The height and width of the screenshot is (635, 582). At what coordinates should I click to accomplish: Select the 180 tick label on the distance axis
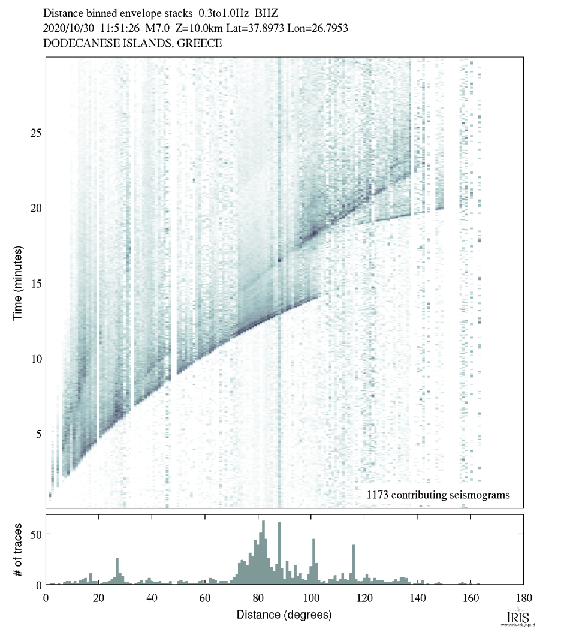[523, 598]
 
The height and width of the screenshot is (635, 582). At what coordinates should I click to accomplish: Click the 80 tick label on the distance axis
[258, 598]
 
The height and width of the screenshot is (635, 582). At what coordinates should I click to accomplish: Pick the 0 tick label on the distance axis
[46, 598]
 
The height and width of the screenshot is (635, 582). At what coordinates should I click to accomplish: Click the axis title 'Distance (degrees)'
[284, 615]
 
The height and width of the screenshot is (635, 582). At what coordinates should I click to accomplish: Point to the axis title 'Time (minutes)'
[17, 282]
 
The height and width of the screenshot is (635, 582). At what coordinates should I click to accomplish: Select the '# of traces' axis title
[17, 550]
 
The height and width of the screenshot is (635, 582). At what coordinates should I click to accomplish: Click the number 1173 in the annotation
[379, 495]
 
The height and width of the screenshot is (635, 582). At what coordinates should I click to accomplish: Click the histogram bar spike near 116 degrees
[354, 564]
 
